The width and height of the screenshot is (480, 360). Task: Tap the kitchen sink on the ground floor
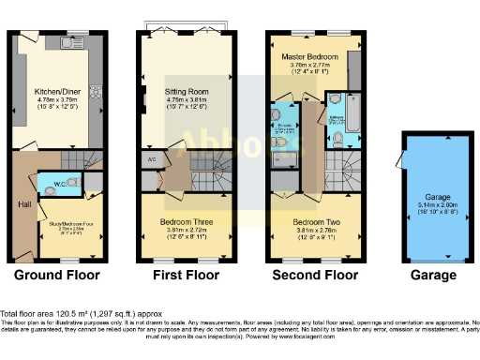67,42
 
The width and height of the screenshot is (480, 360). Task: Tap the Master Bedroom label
310,57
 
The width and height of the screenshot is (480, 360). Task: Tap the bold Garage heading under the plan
433,276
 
